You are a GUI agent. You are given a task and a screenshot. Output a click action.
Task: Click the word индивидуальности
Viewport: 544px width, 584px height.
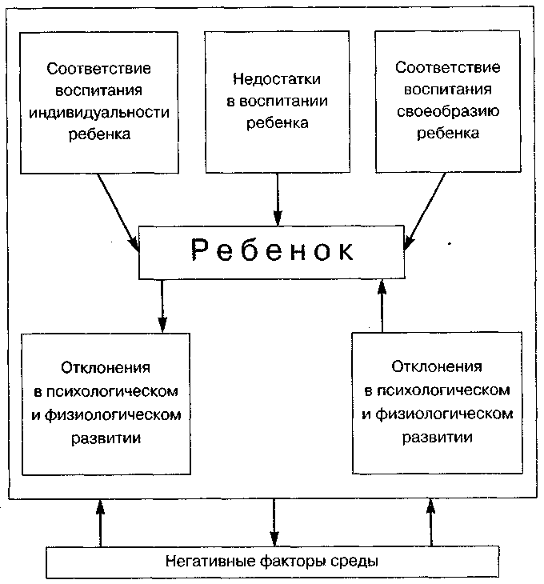tap(98, 112)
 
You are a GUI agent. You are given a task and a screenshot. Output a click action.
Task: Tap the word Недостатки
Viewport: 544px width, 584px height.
tap(277, 79)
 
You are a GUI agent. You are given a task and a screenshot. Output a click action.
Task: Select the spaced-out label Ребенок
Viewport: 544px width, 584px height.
tap(273, 250)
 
